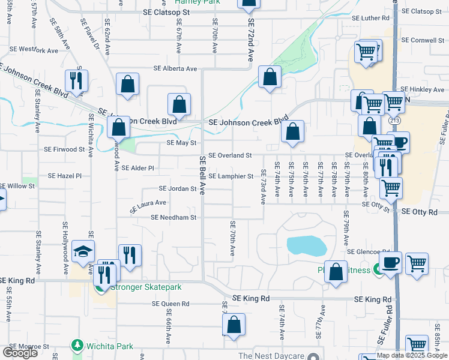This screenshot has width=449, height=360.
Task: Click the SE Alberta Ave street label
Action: [175, 69]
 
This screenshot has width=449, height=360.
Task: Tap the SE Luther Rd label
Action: [367, 18]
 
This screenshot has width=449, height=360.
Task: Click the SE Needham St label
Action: [174, 217]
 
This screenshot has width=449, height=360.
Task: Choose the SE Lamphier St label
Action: [231, 176]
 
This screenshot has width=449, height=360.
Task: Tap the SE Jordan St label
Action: [178, 188]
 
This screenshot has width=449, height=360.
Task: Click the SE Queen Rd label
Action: [171, 304]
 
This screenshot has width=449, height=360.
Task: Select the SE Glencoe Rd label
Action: [369, 252]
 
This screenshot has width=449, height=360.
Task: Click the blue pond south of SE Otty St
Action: [307, 245]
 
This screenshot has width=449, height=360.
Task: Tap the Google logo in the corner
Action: [20, 352]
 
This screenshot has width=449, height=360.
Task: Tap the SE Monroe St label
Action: [29, 347]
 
